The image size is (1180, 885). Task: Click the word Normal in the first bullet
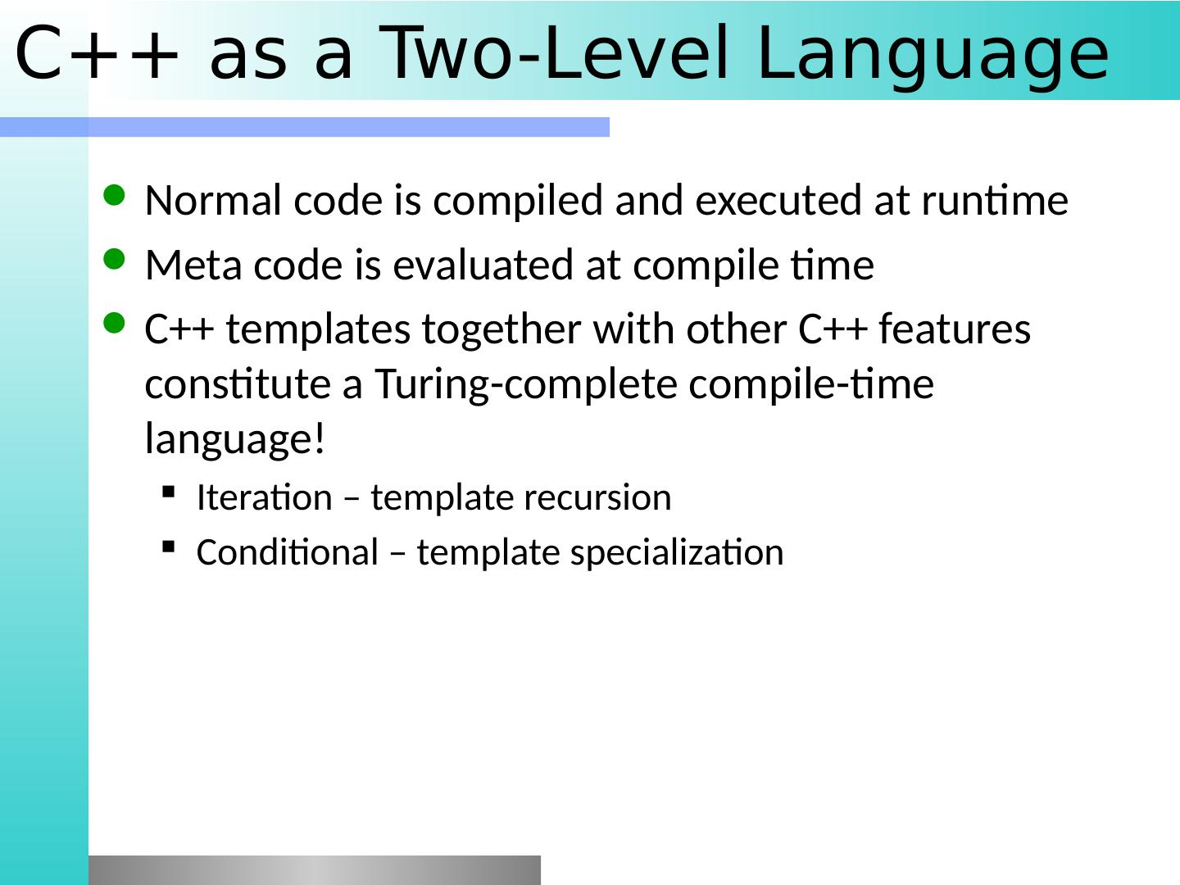213,200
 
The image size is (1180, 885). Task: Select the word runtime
995,201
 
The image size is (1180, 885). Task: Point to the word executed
778,200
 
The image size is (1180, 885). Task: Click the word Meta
193,265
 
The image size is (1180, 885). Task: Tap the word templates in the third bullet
318,330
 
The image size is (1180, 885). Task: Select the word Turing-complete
526,385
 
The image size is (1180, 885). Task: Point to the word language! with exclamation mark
235,438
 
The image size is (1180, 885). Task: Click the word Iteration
265,497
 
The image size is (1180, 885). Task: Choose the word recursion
597,497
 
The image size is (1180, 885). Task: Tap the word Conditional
288,551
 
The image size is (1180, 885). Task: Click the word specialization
677,553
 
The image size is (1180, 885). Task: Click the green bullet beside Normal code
114,196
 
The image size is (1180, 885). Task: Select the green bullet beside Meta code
114,259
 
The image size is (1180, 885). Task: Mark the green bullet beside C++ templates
114,324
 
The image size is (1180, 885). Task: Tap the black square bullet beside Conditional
168,547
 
